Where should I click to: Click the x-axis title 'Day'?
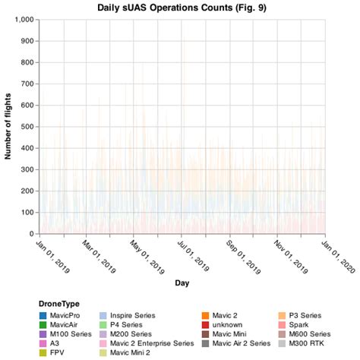tap(182, 283)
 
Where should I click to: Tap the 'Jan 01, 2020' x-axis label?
tap(337, 256)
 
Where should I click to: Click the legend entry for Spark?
tap(298, 324)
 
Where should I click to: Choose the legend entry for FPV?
tap(57, 352)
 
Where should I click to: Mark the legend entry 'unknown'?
tap(228, 324)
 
